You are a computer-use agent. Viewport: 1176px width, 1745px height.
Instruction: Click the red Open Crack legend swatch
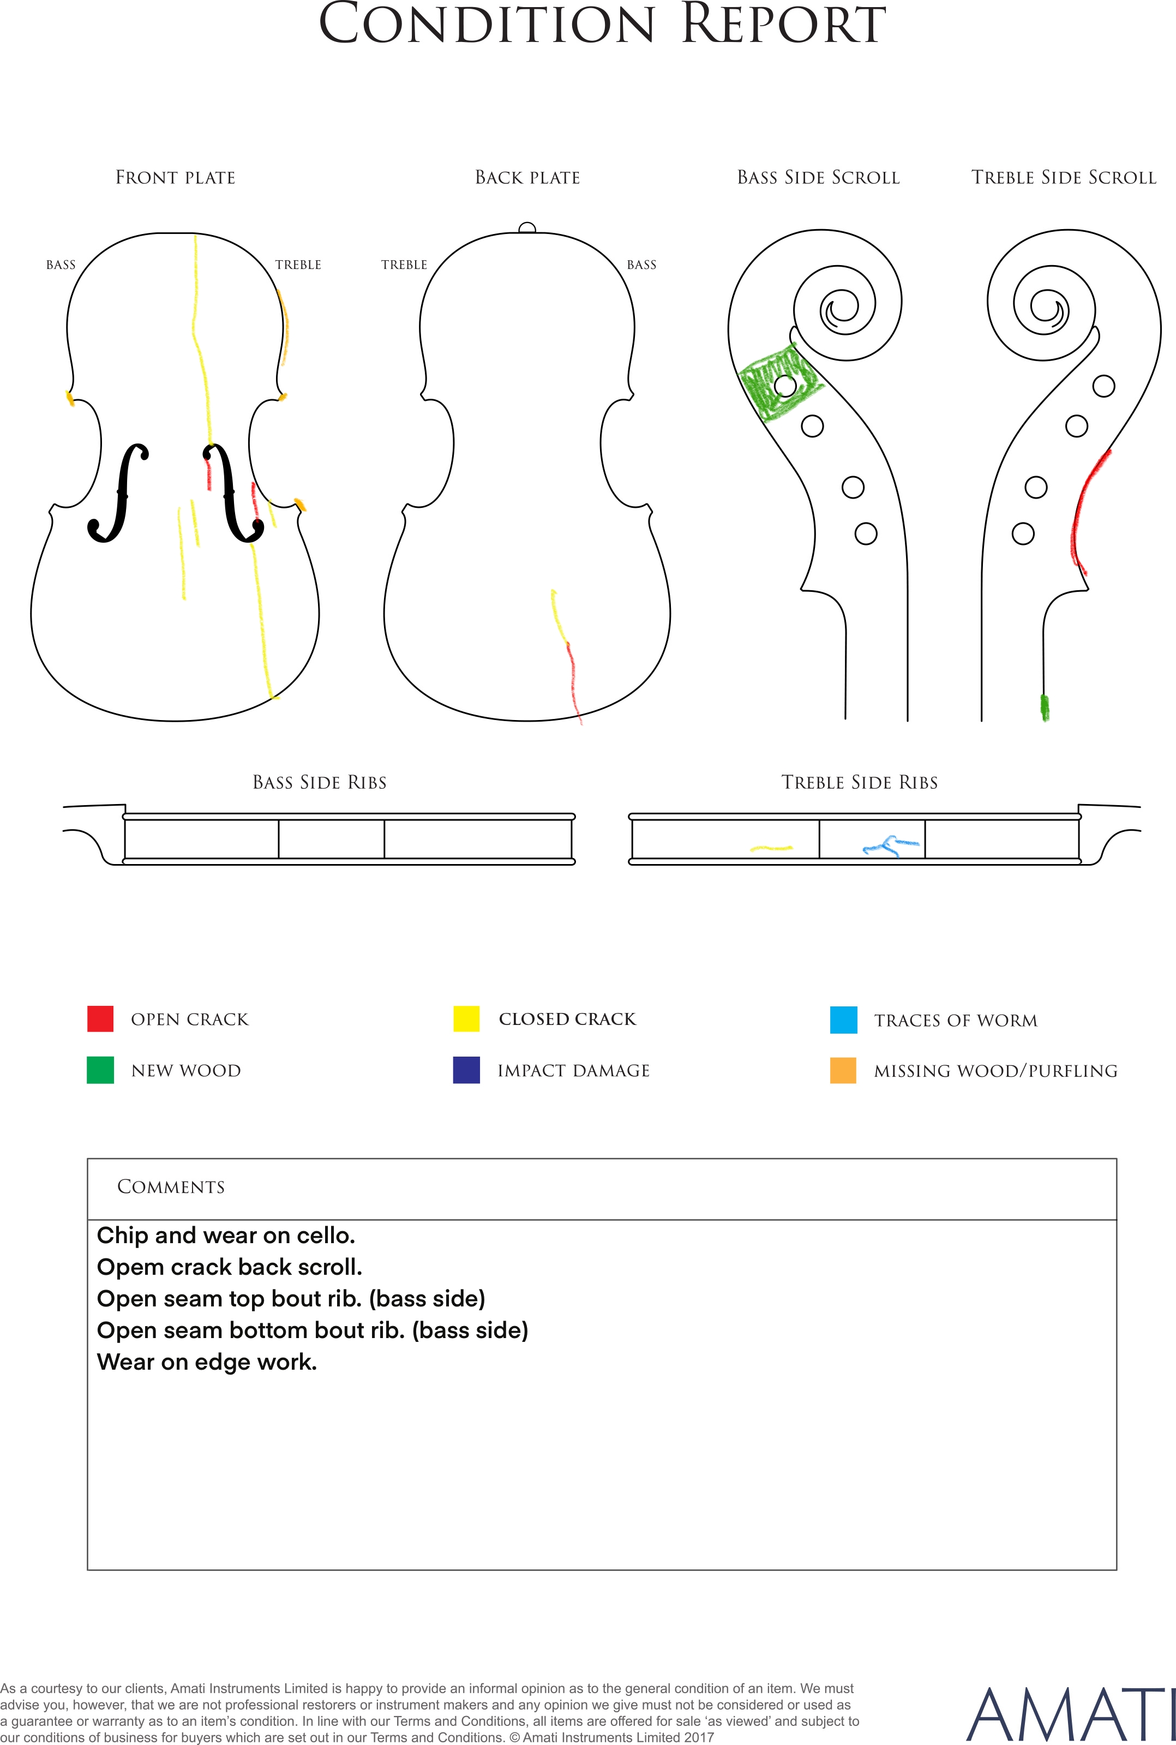coord(100,1018)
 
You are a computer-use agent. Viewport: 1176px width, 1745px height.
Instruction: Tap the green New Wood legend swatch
coord(100,1070)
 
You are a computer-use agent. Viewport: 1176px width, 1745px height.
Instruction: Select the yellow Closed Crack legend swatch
coord(466,1018)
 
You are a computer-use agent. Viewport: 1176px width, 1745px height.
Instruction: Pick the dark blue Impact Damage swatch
coord(466,1070)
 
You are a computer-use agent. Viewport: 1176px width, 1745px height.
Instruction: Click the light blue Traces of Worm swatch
coord(844,1020)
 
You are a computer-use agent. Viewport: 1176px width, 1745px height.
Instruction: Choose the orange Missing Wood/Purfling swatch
coord(844,1070)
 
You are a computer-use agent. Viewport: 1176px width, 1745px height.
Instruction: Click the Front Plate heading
coord(176,178)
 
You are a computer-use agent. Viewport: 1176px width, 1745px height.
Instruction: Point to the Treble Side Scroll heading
coord(1064,178)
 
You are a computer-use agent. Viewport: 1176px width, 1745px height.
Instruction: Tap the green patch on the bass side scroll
coord(779,382)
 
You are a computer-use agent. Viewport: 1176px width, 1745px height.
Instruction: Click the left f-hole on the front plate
coord(118,493)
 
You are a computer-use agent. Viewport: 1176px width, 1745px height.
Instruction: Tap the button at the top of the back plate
coord(527,228)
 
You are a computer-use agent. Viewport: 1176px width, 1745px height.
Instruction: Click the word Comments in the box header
coord(171,1186)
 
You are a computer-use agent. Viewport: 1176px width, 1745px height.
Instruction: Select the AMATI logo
coord(1070,1715)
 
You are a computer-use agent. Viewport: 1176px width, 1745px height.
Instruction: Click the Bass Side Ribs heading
coord(320,783)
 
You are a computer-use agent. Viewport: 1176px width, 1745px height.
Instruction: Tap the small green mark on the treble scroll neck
coord(1045,707)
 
